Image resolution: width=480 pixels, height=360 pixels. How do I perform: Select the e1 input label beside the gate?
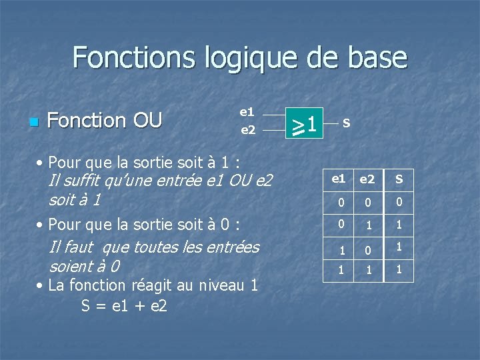(x=247, y=112)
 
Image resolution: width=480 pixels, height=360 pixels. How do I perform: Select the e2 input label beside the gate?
(x=247, y=130)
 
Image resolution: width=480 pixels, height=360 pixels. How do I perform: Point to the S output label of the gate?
(x=347, y=123)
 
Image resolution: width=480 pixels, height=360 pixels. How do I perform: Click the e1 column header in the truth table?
(x=339, y=179)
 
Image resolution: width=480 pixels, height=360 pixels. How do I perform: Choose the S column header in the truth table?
(x=399, y=179)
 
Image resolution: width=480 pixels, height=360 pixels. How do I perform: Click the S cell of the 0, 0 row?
(x=399, y=202)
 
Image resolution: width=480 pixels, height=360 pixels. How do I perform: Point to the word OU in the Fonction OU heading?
(x=147, y=121)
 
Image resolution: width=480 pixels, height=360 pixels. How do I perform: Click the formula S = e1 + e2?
(x=124, y=306)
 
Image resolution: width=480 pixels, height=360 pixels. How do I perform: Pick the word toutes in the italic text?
(x=154, y=247)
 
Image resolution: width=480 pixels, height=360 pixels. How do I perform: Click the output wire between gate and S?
(x=331, y=123)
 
